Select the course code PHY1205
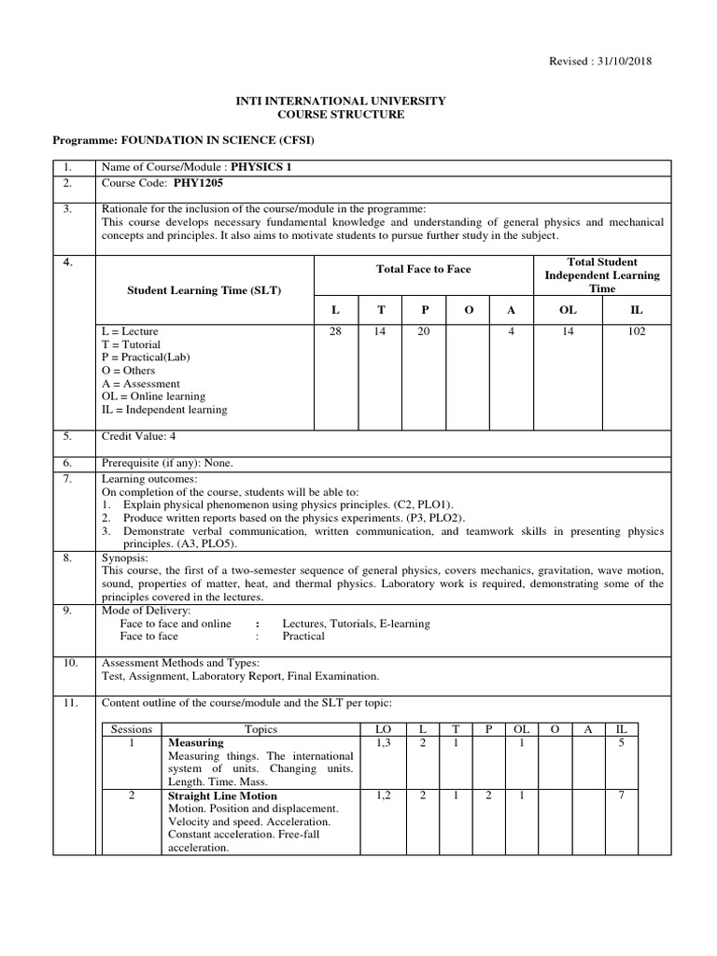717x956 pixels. (203, 184)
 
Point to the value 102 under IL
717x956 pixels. (637, 331)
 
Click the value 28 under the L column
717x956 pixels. (335, 331)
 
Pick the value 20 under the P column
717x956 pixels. (423, 331)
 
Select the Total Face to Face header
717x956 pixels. (423, 269)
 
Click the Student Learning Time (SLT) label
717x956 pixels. (204, 290)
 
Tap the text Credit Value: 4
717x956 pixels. (138, 436)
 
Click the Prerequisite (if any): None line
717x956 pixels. (167, 463)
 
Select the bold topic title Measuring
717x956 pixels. (195, 742)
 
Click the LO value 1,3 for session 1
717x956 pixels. (383, 742)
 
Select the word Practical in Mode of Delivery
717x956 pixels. (303, 636)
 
